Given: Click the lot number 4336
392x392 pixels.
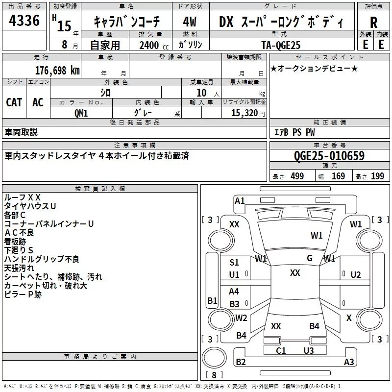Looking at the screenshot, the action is [x=24, y=20].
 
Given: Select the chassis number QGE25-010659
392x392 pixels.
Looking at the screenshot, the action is [x=329, y=156].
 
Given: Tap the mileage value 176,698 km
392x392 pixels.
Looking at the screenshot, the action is [x=57, y=71].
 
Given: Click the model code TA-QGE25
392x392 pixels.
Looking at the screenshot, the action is [x=281, y=45].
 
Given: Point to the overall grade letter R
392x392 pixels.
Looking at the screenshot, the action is [x=373, y=23].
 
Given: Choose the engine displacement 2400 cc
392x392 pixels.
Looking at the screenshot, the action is [x=154, y=45].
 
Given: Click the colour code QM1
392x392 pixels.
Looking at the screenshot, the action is [x=81, y=113].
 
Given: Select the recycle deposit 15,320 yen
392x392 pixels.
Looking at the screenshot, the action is [x=248, y=113].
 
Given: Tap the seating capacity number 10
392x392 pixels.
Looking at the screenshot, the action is [x=201, y=93].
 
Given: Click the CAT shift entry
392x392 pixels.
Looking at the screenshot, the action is [x=14, y=102].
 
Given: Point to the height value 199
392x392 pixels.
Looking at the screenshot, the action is [x=377, y=176].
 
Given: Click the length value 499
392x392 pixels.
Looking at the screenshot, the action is [x=297, y=176].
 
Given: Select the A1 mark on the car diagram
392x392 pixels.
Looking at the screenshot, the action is [x=240, y=201].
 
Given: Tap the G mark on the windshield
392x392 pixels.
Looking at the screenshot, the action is [x=310, y=258].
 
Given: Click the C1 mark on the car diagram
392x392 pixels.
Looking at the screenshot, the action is [x=281, y=350].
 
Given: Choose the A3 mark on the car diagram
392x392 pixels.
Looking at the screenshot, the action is [x=349, y=362].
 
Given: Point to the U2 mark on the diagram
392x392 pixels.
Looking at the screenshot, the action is [x=356, y=275].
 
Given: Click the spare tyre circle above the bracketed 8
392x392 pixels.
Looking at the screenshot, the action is [x=214, y=358].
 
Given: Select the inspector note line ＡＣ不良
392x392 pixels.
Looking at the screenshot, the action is [x=19, y=232].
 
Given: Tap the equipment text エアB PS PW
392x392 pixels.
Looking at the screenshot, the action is [x=294, y=132].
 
